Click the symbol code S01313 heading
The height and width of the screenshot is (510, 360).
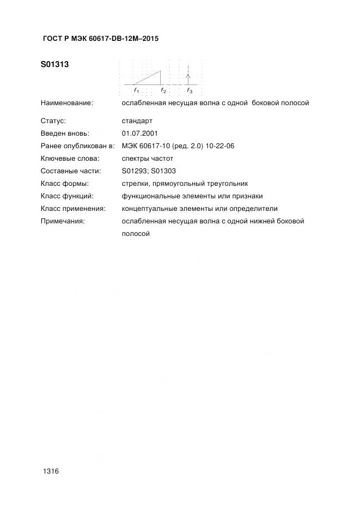pyautogui.click(x=54, y=65)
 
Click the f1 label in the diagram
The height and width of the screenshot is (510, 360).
pyautogui.click(x=136, y=90)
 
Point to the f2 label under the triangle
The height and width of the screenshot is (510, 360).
pyautogui.click(x=163, y=90)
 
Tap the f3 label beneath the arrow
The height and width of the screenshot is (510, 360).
pyautogui.click(x=190, y=90)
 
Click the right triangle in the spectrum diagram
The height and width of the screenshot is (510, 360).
pyautogui.click(x=151, y=79)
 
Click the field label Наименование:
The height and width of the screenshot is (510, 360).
pyautogui.click(x=66, y=102)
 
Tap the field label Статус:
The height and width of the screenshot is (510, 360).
pyautogui.click(x=53, y=120)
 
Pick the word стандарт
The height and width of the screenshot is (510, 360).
pyautogui.click(x=137, y=120)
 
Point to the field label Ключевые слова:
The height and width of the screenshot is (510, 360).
pyautogui.click(x=70, y=158)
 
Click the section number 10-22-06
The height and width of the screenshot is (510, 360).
pyautogui.click(x=219, y=145)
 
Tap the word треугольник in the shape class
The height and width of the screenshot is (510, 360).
pyautogui.click(x=228, y=183)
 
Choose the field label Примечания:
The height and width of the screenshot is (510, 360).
pyautogui.click(x=63, y=221)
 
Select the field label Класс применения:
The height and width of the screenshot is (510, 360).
pyautogui.click(x=73, y=208)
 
